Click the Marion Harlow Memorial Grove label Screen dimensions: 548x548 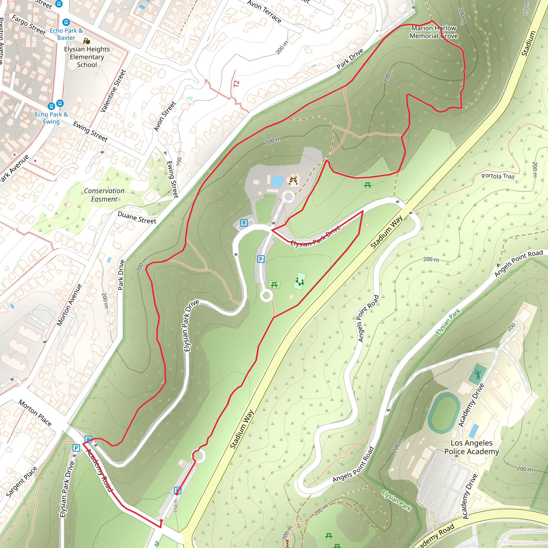point(434,32)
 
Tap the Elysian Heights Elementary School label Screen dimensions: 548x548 point(87,57)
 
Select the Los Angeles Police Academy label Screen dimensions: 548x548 point(471,447)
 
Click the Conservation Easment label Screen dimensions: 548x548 point(104,195)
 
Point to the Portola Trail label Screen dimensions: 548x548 point(498,176)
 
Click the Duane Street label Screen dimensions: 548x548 point(137,218)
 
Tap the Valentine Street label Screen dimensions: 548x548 point(113,91)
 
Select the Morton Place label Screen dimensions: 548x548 point(35,413)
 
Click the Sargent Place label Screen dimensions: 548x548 point(21,482)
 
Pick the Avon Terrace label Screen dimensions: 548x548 point(264,11)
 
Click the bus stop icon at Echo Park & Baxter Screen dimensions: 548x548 point(66,22)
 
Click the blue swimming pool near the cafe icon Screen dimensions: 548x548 point(277,181)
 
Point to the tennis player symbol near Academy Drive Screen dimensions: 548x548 point(477,374)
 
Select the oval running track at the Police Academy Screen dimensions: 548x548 point(444,413)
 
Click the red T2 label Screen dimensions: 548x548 point(237,84)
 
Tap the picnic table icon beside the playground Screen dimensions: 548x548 point(274,285)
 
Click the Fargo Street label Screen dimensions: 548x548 point(29,25)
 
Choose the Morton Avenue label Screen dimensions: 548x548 point(69,305)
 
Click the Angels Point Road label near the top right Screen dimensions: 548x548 point(519,263)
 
